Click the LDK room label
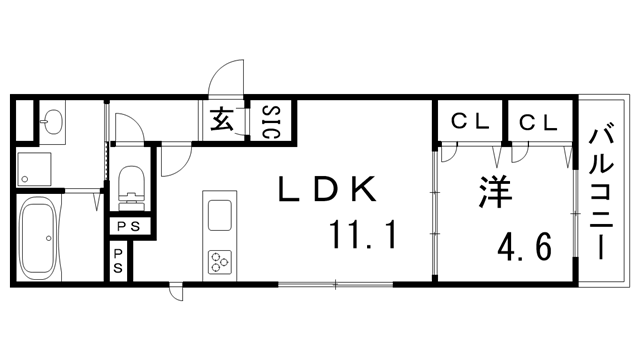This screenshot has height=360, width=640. click(328, 190)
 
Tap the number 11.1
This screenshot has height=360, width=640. click(364, 237)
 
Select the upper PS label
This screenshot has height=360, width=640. click(128, 226)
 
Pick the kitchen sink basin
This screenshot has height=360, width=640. click(217, 213)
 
